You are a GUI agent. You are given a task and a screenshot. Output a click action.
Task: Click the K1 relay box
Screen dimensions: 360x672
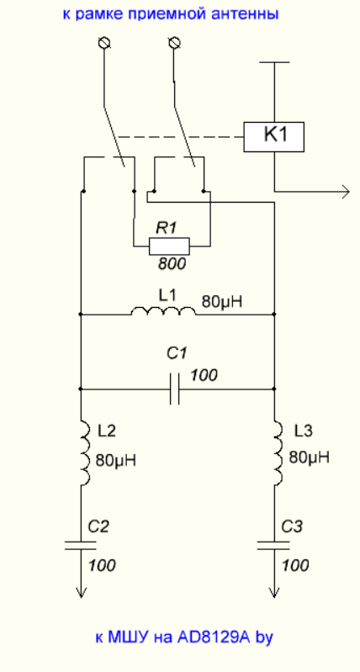[x=274, y=137]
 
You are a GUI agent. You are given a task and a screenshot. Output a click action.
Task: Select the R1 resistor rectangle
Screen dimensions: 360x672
[x=169, y=246]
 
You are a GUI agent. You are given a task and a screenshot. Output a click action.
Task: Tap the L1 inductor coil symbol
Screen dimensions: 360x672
[x=163, y=310]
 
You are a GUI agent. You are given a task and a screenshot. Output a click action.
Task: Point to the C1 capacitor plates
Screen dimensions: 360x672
[x=174, y=389]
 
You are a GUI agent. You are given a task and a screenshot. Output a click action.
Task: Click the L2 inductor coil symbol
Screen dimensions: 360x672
[x=85, y=453]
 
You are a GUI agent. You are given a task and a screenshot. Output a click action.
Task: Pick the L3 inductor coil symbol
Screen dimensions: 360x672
[x=279, y=453]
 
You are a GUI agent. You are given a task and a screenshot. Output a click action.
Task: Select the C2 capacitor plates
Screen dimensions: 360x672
[x=81, y=545]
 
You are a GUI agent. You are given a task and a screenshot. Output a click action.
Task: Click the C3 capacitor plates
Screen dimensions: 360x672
[x=274, y=545]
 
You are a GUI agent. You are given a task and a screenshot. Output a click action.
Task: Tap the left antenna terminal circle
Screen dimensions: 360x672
[x=104, y=43]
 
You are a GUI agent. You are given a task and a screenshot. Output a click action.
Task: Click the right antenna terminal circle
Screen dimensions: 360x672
[x=174, y=43]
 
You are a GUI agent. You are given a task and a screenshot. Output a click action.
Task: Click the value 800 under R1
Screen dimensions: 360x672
[x=172, y=264]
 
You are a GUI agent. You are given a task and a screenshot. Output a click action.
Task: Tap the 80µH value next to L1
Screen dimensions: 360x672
[x=222, y=302]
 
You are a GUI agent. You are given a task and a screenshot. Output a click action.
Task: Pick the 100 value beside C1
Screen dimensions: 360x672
[x=204, y=375]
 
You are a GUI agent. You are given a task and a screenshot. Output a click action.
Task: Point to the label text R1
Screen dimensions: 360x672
[x=167, y=228]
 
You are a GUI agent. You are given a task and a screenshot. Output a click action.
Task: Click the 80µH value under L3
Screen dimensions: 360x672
[x=310, y=458]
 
